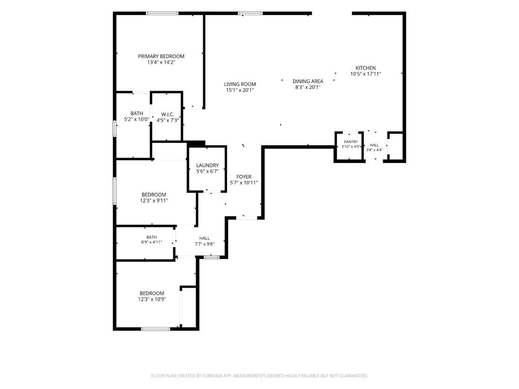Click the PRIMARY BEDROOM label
[161, 56]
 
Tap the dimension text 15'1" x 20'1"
[240, 90]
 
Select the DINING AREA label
[308, 81]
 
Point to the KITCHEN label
[366, 68]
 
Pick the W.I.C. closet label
[168, 114]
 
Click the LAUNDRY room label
[207, 166]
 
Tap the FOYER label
[244, 177]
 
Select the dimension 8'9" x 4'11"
[152, 242]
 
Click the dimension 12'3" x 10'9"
[152, 299]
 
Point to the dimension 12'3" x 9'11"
[154, 201]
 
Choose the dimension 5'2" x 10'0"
[137, 120]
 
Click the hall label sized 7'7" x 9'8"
[205, 238]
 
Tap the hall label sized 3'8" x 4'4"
[375, 145]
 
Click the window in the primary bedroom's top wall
[162, 14]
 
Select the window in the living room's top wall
[250, 14]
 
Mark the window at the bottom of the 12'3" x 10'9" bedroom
[156, 329]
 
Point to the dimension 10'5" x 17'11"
[366, 74]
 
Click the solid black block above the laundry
[197, 144]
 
